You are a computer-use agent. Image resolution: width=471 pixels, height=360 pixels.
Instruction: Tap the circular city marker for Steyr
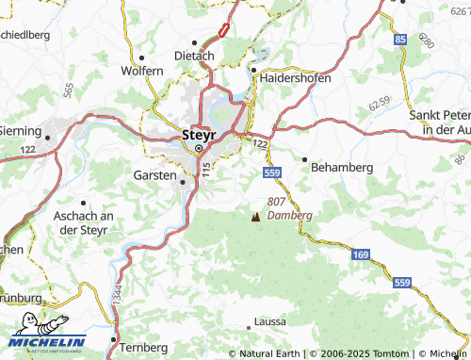click(x=199, y=148)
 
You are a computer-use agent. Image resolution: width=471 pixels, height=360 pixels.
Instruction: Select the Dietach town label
click(x=194, y=56)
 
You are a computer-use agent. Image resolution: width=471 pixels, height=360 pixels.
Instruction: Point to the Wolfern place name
click(x=141, y=71)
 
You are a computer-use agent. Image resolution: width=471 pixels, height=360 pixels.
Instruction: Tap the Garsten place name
click(x=155, y=176)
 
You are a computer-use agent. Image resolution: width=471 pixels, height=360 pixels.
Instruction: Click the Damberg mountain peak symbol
click(x=255, y=218)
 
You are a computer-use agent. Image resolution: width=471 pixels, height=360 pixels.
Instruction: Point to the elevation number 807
click(x=277, y=202)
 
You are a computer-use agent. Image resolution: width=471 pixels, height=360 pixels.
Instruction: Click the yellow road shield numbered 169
click(x=362, y=254)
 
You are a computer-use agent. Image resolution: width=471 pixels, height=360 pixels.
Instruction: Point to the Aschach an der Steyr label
click(x=80, y=222)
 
